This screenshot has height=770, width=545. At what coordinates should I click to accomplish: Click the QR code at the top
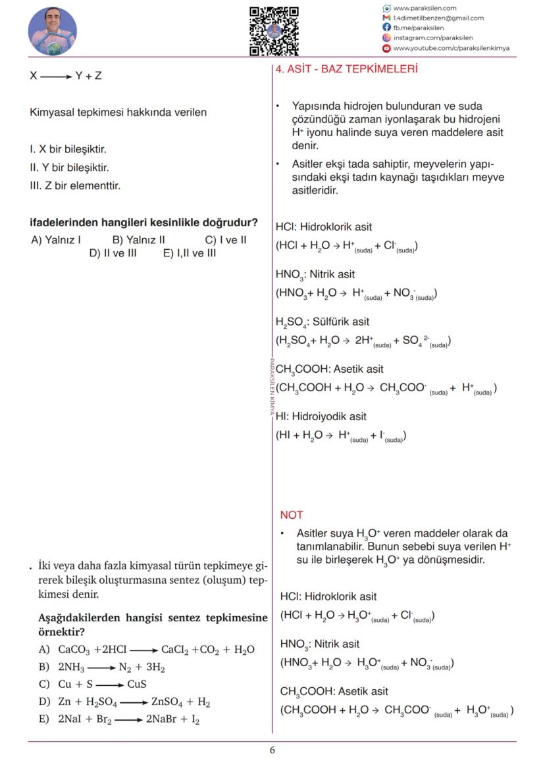coord(274,31)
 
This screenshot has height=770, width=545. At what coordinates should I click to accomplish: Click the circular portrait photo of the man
coord(53,32)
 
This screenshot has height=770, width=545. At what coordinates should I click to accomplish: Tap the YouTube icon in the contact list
coord(386,48)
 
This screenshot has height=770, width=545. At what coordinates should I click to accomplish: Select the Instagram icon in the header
coord(386,38)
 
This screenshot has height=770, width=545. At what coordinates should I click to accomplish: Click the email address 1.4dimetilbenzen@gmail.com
coord(438,18)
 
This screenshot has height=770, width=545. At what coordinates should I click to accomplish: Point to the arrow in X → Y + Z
coord(57,76)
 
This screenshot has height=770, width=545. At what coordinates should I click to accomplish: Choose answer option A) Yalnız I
coord(56,240)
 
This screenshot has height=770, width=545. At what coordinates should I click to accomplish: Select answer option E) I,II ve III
coord(189,253)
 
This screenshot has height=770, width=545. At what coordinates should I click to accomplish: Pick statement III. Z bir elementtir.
coord(75,185)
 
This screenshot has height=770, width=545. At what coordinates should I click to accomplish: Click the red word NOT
coord(291,515)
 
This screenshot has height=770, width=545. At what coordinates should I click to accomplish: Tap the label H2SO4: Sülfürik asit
coord(322,322)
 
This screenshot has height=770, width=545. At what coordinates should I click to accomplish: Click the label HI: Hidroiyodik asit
coord(321,416)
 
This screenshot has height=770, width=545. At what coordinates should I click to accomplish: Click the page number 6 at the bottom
coord(272,750)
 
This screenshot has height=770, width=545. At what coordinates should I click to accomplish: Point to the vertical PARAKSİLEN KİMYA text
coord(271,388)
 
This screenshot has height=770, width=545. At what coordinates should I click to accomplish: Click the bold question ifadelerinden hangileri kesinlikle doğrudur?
coord(143,223)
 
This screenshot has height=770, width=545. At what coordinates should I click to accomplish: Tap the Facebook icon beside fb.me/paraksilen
coord(386,28)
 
